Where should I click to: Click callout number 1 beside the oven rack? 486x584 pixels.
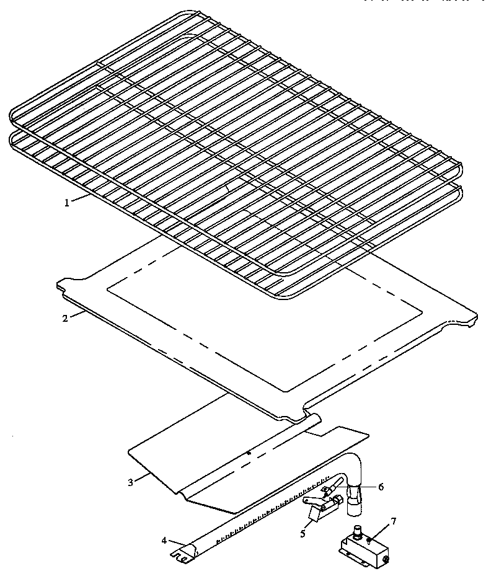(x=66, y=201)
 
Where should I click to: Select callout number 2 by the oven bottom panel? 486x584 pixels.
(x=64, y=319)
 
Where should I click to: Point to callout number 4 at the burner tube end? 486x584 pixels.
(x=164, y=540)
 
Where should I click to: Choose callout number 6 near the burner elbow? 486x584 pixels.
(x=381, y=487)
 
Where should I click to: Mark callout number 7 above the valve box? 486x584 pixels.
(x=393, y=521)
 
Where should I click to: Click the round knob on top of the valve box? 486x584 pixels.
(x=358, y=531)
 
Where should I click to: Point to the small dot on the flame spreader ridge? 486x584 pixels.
(x=249, y=453)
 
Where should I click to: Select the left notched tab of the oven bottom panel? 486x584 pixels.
(x=63, y=286)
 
